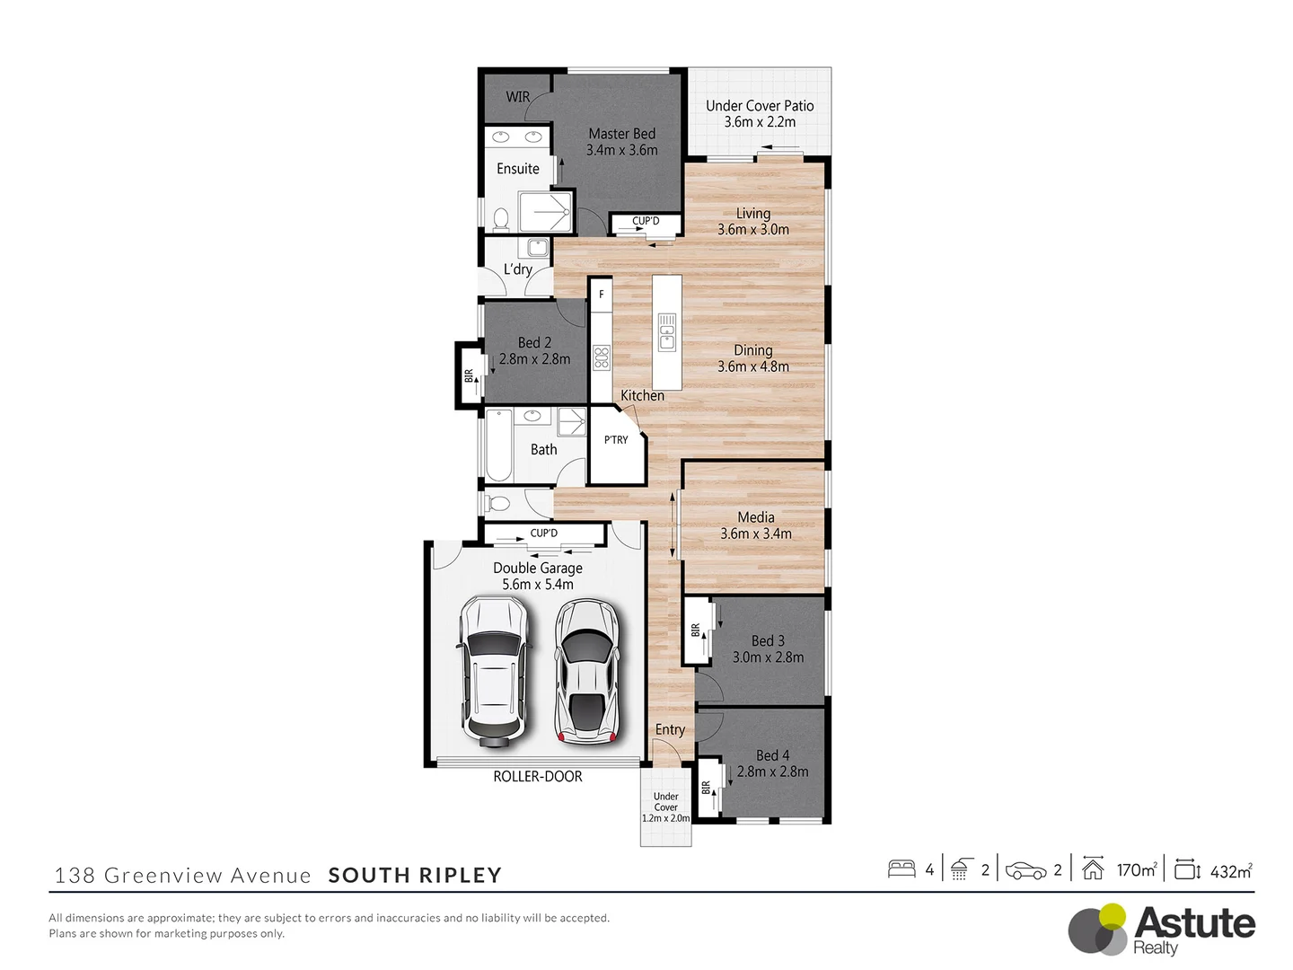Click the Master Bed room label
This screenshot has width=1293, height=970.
click(621, 134)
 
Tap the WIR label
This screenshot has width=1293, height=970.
click(518, 97)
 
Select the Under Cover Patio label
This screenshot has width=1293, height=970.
click(760, 106)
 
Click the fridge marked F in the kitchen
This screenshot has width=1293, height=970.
click(601, 295)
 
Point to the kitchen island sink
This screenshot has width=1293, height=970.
click(666, 331)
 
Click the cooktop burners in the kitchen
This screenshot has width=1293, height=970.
click(601, 357)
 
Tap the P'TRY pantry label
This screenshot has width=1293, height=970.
click(616, 440)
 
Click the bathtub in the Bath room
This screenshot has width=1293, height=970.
click(499, 445)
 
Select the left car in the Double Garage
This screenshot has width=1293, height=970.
click(493, 671)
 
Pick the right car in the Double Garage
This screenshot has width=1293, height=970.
click(586, 671)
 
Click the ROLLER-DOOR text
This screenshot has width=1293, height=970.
click(537, 777)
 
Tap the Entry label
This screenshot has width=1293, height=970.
click(670, 729)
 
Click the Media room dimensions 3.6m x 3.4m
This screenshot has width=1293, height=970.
click(756, 533)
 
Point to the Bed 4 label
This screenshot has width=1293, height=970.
click(772, 755)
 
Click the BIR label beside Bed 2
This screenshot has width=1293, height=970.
click(469, 375)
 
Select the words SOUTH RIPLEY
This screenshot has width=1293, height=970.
click(415, 876)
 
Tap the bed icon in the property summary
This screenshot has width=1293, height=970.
click(902, 869)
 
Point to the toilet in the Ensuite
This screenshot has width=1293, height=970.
click(501, 218)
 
